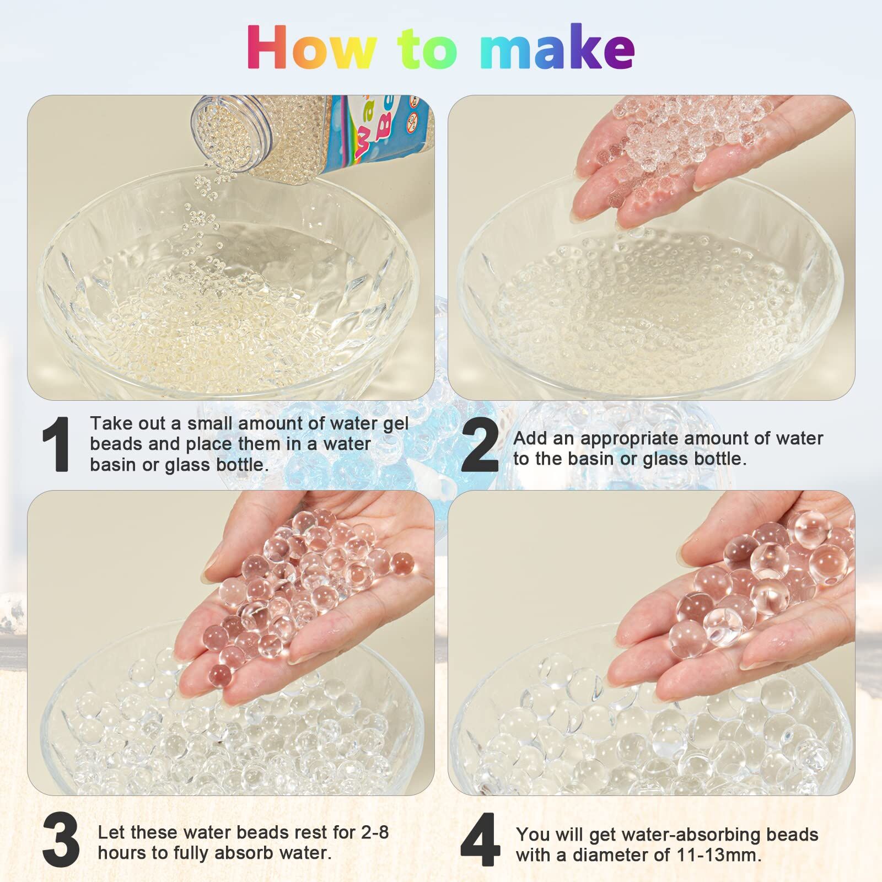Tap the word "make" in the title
point(557,49)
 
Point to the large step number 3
point(61,840)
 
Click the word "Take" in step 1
point(112,423)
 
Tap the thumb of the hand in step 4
point(711,546)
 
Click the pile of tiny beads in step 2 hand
point(673,138)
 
